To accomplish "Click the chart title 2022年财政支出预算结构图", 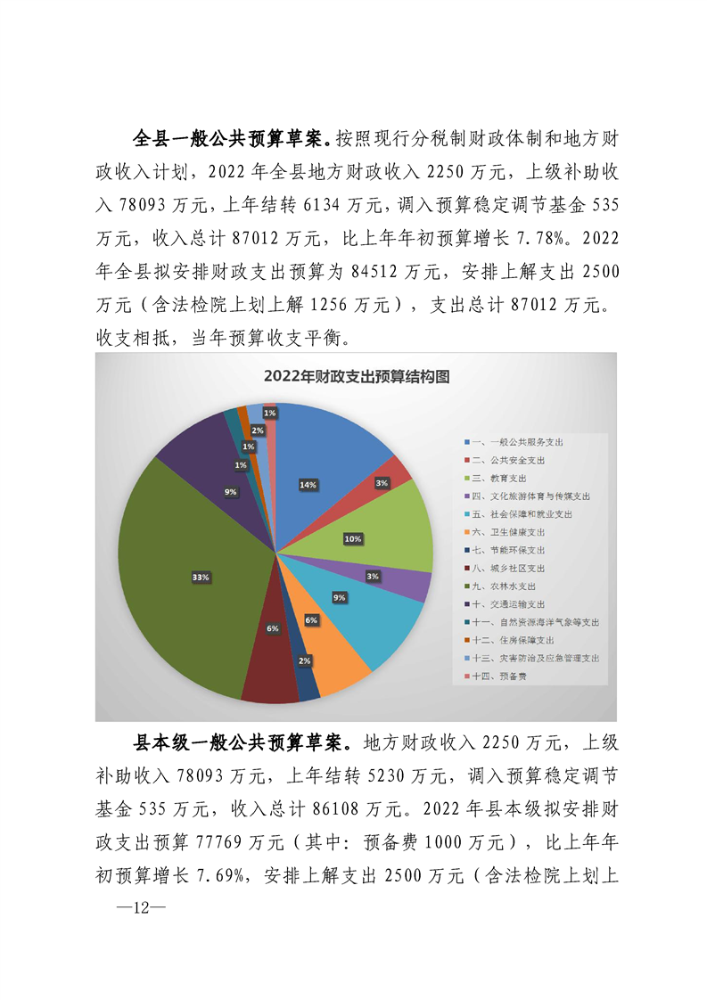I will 356,376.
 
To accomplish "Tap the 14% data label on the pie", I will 308,484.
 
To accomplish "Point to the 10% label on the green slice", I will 353,538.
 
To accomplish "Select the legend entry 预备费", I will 505,676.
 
